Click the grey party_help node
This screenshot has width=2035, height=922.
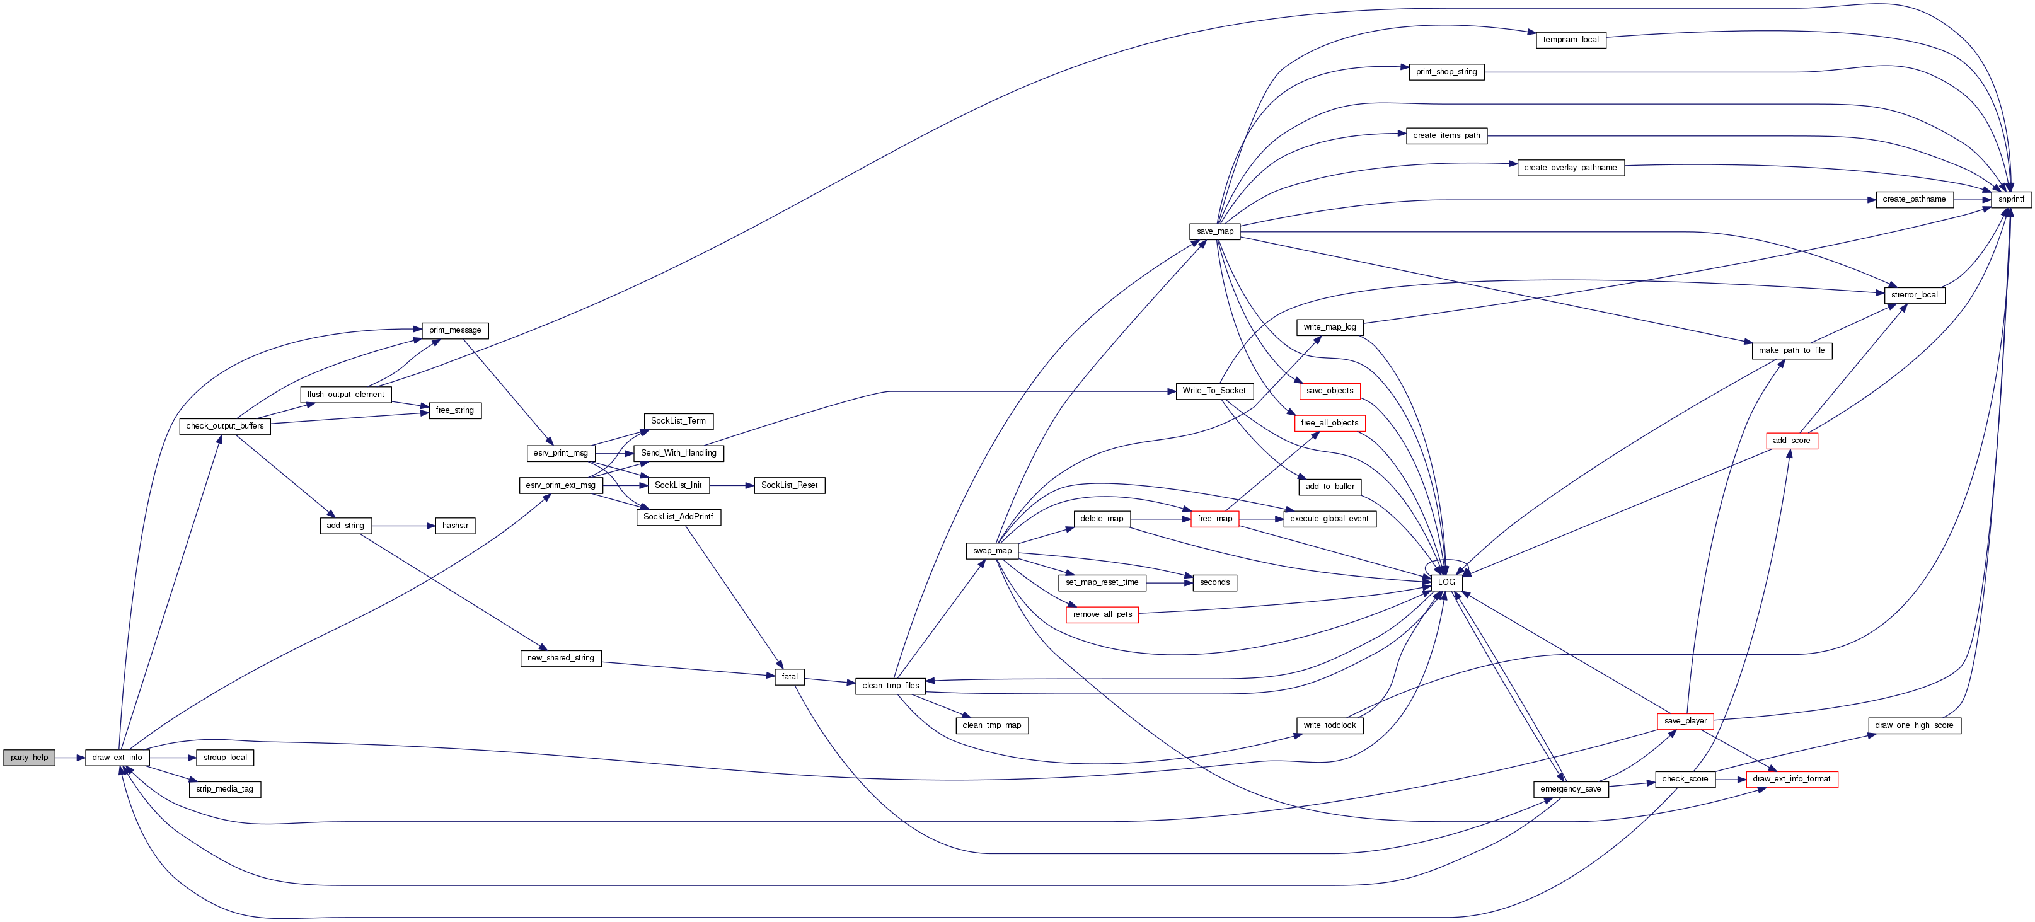[29, 758]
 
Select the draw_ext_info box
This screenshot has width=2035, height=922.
[117, 758]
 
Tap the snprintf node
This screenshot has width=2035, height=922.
[2010, 200]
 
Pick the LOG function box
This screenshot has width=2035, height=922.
[1446, 582]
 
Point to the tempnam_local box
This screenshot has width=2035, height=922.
[1570, 40]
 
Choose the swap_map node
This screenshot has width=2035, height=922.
[991, 551]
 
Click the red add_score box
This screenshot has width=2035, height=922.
[1791, 441]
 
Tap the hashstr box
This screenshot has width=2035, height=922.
[455, 526]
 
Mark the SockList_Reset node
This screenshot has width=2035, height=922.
[788, 485]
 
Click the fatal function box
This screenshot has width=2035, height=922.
[789, 677]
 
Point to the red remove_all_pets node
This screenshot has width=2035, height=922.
[1102, 614]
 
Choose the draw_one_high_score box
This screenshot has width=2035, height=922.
[1913, 725]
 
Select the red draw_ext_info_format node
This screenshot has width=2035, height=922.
[1791, 779]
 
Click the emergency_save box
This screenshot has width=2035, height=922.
[1571, 789]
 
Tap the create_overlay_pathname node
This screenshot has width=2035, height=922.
[1570, 168]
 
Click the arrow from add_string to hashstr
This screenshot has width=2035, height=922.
[403, 526]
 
